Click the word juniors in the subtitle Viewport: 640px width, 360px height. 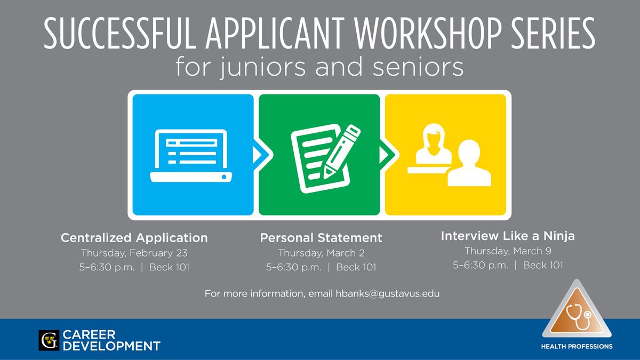click(263, 67)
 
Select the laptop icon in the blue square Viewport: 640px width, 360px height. click(191, 156)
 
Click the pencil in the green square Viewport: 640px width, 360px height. click(342, 151)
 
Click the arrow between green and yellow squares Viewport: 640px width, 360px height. click(389, 155)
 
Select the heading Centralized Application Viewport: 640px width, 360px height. click(134, 238)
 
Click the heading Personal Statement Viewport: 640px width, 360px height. click(321, 238)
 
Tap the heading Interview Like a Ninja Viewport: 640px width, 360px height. click(508, 236)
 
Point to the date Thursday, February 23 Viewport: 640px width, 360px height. click(134, 253)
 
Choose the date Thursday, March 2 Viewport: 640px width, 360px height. click(321, 253)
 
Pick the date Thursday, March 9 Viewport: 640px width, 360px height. click(508, 251)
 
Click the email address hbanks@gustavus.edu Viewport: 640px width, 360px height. click(387, 293)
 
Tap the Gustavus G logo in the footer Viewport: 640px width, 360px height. click(49, 340)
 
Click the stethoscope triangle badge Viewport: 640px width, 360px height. click(577, 310)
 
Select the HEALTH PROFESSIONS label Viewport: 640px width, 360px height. click(577, 347)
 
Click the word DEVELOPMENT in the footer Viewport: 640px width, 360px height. click(111, 346)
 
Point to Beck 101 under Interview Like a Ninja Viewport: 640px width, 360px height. click(543, 265)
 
